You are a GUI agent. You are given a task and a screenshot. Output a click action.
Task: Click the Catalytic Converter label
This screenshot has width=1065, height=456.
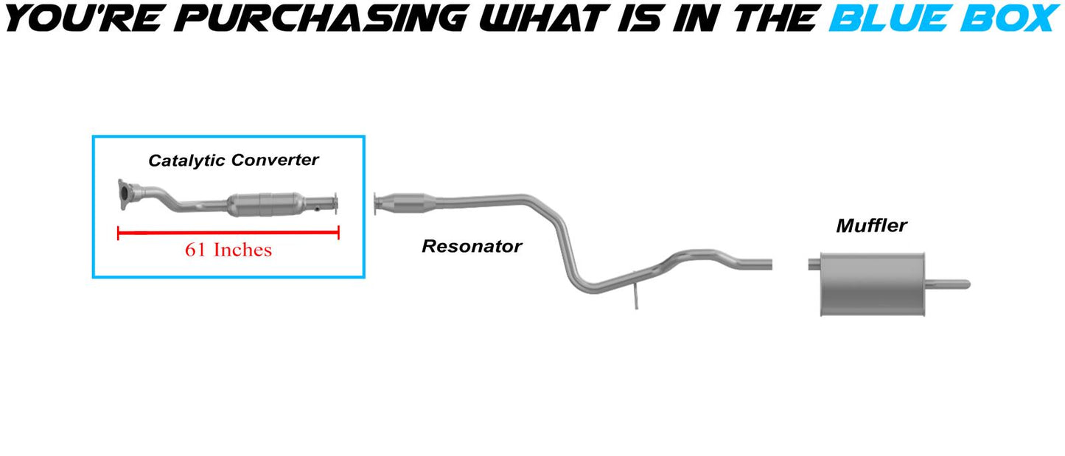234,161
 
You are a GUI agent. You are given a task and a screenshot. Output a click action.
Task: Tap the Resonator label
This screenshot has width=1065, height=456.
472,246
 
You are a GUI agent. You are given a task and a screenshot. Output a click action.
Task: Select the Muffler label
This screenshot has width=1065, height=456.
871,225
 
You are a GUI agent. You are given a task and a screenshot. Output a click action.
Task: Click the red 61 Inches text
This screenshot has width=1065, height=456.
228,250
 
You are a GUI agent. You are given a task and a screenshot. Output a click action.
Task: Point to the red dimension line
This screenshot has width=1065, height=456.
228,233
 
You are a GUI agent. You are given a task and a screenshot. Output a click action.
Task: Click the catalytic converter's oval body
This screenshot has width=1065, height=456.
266,205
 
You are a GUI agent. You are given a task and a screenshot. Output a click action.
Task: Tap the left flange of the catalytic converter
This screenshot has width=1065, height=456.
125,194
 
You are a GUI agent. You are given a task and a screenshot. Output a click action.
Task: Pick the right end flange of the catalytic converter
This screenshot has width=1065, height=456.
335,204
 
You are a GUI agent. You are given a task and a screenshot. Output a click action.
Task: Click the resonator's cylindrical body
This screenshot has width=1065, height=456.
407,203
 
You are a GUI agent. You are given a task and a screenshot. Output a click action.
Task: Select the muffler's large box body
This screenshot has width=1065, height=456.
873,284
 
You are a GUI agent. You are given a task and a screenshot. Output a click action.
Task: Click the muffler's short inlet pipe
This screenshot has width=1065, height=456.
814,264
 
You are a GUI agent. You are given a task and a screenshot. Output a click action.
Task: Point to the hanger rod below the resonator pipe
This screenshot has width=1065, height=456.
635,291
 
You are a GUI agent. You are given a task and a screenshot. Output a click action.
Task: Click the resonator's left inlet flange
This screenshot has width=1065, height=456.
376,204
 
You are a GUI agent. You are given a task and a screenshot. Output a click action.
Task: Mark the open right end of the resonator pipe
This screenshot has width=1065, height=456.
770,264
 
